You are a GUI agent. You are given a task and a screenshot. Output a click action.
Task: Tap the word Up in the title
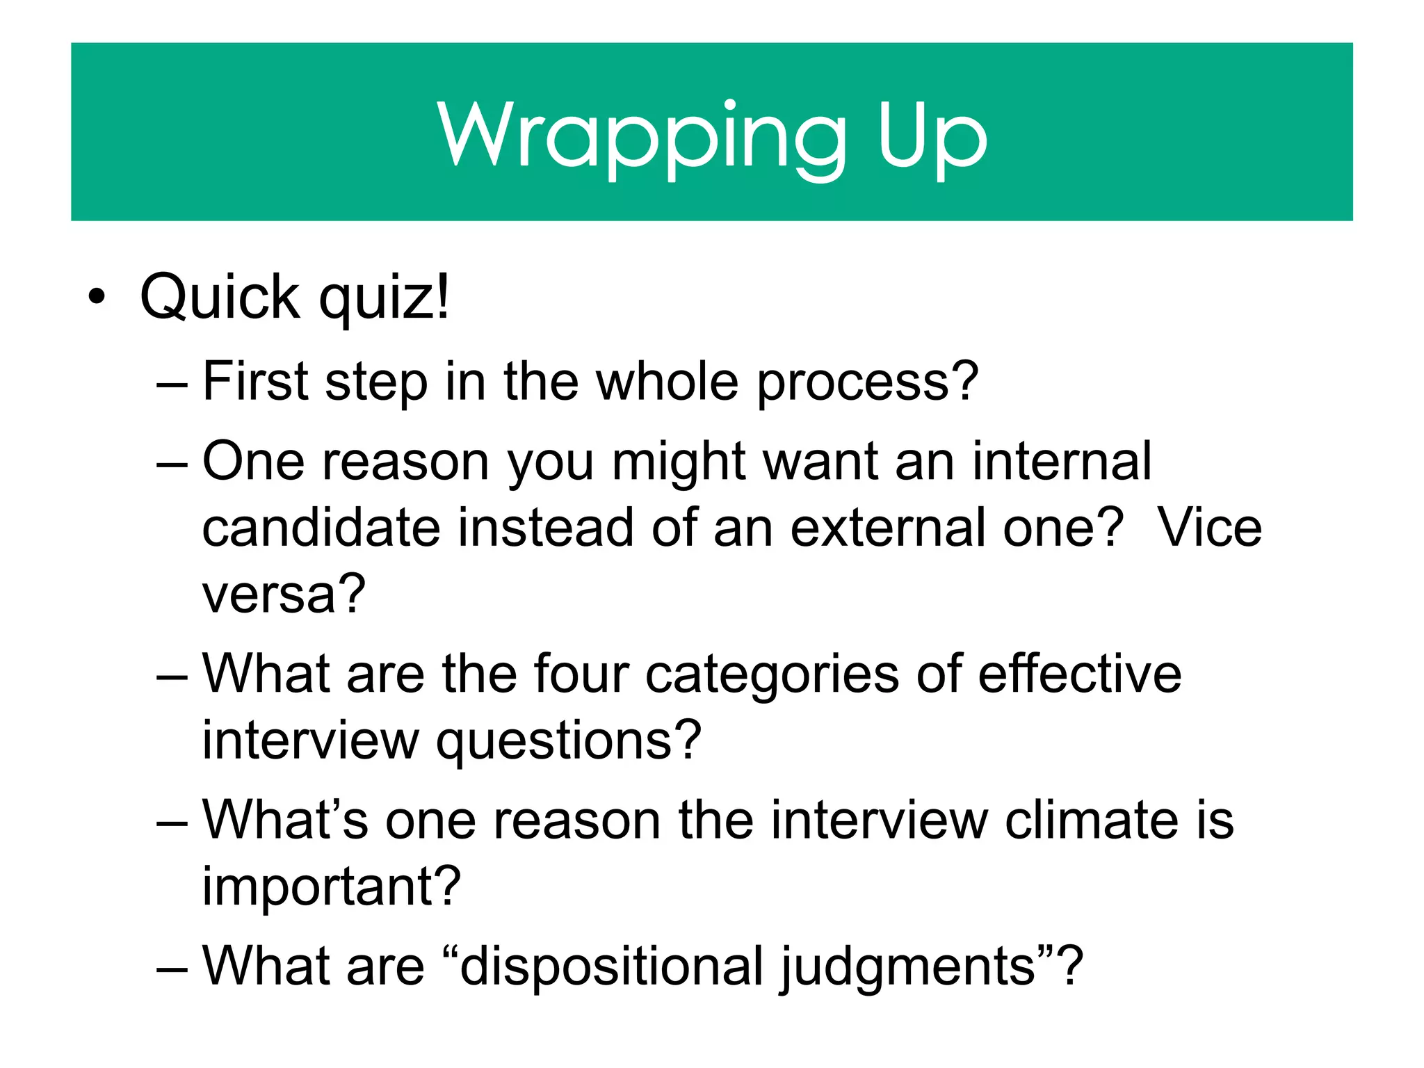tap(932, 136)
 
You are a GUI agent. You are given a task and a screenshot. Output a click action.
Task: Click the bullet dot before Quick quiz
tap(97, 297)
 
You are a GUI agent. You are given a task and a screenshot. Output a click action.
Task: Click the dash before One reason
tap(172, 462)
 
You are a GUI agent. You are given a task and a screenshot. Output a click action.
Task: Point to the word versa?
tap(284, 594)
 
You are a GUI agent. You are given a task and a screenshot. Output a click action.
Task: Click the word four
tap(581, 674)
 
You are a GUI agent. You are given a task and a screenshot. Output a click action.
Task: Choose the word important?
tap(332, 887)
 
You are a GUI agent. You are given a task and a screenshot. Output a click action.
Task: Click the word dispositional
tap(612, 966)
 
